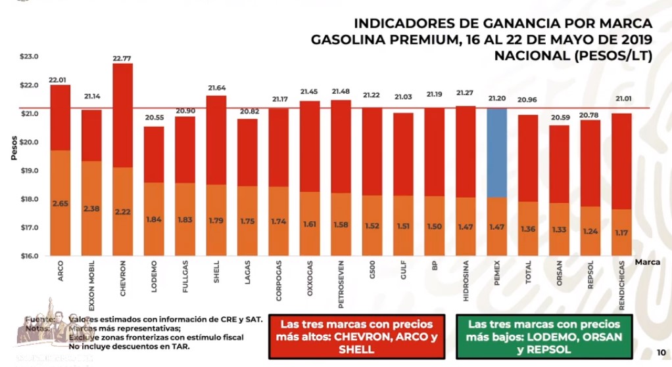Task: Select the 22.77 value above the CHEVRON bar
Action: click(122, 58)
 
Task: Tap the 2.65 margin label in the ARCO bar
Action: click(60, 204)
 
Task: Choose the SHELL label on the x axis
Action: click(216, 274)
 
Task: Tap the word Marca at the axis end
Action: click(648, 261)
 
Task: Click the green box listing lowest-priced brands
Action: click(544, 337)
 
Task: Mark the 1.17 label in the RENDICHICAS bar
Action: click(621, 232)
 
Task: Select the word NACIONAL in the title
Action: click(532, 56)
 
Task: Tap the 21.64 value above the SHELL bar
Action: click(216, 88)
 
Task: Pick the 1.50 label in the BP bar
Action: click(434, 227)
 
